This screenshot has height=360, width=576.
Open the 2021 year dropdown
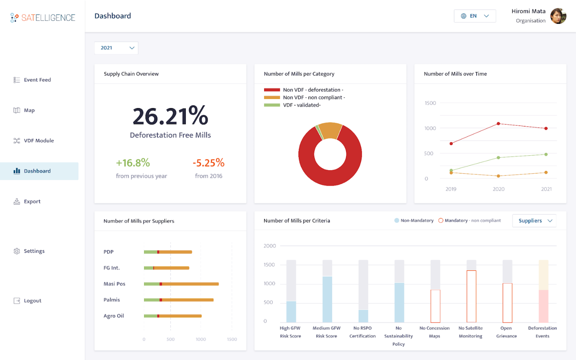pyautogui.click(x=116, y=48)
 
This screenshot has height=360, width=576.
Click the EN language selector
pyautogui.click(x=475, y=16)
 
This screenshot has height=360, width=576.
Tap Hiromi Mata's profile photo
pyautogui.click(x=558, y=16)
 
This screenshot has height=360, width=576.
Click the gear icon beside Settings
pyautogui.click(x=17, y=251)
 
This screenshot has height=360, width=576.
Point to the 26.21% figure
pyautogui.click(x=170, y=116)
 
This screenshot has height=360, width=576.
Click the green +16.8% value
pyautogui.click(x=133, y=163)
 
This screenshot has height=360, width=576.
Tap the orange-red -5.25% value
pyautogui.click(x=209, y=163)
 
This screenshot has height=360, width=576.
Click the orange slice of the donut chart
pyautogui.click(x=331, y=130)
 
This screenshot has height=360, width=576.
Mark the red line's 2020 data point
pyautogui.click(x=498, y=123)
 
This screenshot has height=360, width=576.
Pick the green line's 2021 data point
pyautogui.click(x=546, y=154)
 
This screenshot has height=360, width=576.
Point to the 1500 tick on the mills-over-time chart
pyautogui.click(x=430, y=103)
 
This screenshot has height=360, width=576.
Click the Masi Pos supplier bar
pyautogui.click(x=181, y=284)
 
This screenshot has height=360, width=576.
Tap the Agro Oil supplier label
pyautogui.click(x=114, y=316)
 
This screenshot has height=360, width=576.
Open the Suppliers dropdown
pyautogui.click(x=534, y=221)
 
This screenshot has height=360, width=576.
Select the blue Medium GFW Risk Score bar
pyautogui.click(x=327, y=300)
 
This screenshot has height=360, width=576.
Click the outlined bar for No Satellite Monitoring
pyautogui.click(x=471, y=296)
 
